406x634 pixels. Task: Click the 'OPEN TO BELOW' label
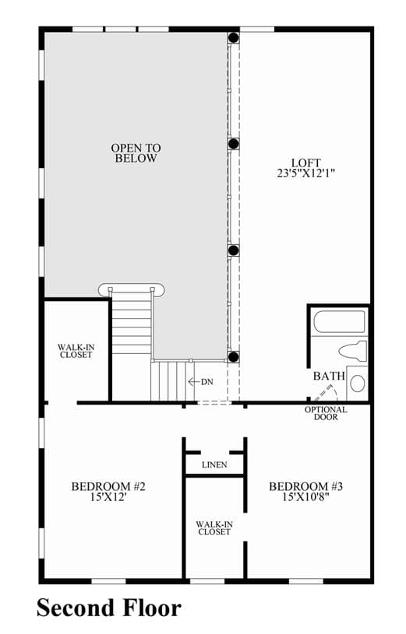click(136, 153)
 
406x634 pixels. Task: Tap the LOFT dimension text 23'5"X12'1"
click(306, 173)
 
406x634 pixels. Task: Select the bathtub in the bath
click(339, 322)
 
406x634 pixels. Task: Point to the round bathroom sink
click(358, 383)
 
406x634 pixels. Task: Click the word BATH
click(329, 376)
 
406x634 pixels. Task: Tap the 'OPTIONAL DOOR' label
click(326, 413)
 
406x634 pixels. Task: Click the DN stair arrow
click(195, 382)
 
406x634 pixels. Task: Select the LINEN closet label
click(214, 465)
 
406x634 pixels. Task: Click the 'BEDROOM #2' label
click(108, 486)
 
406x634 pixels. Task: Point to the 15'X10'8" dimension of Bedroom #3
click(305, 497)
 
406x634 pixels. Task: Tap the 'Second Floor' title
click(109, 608)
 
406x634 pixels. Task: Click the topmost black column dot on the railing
click(233, 37)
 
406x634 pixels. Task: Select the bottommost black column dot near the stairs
click(233, 356)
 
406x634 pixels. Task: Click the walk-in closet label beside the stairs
click(76, 351)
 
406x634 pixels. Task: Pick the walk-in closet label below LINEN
click(214, 528)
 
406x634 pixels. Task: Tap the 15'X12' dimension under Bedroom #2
click(108, 497)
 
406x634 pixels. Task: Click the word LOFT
click(306, 163)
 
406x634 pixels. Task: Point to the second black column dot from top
click(233, 144)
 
